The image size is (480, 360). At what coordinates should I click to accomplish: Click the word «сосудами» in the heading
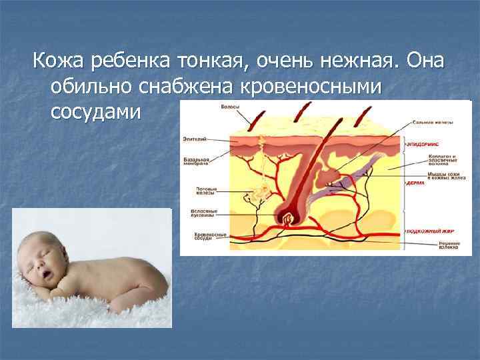96,111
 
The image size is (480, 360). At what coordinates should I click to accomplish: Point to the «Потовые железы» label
205,191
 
